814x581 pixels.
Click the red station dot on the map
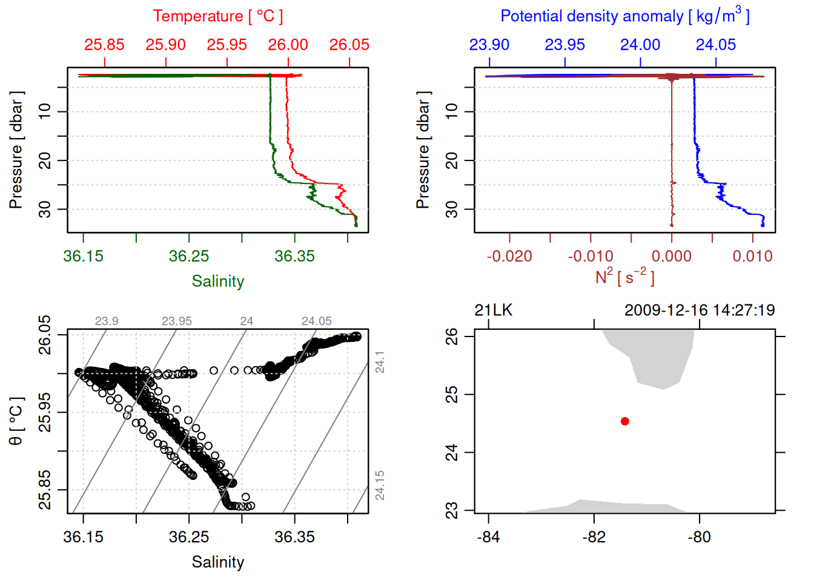[x=625, y=421]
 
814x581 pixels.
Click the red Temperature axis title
[x=217, y=16]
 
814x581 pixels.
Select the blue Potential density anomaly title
[x=624, y=16]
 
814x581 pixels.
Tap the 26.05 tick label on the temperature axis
[x=349, y=45]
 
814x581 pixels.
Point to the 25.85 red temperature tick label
[x=104, y=45]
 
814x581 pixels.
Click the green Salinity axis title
[x=218, y=281]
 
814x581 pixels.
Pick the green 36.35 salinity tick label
[x=294, y=257]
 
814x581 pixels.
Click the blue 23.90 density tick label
[x=489, y=45]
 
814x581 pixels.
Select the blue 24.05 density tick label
[x=716, y=45]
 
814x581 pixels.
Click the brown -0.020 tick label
[x=509, y=257]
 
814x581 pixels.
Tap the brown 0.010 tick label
[x=753, y=257]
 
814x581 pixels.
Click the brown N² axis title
[x=624, y=277]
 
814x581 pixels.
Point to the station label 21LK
[x=494, y=310]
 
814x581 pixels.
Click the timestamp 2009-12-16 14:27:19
[x=700, y=310]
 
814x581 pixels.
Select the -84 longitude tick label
[x=488, y=537]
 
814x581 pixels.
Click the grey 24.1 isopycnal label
[x=380, y=362]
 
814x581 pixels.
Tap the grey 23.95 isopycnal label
[x=177, y=321]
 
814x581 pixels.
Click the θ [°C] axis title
[x=16, y=421]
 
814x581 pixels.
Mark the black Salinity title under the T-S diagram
[x=218, y=562]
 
